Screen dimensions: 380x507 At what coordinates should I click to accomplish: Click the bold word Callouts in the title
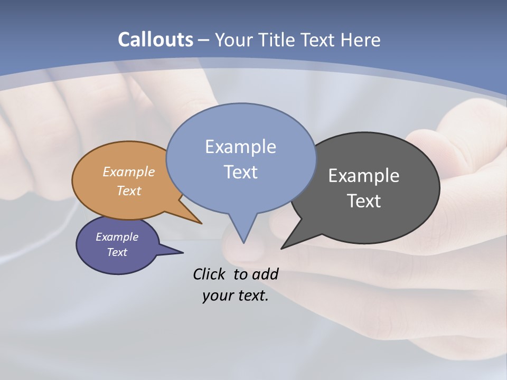tap(155, 40)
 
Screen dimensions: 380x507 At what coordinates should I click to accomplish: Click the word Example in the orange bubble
tap(129, 172)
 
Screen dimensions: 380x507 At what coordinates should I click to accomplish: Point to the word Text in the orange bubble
tap(129, 191)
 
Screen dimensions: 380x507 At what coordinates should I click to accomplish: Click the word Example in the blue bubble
tap(240, 146)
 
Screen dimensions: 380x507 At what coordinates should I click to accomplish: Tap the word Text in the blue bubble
tap(240, 172)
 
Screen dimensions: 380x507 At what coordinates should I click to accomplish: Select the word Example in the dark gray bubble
tap(364, 175)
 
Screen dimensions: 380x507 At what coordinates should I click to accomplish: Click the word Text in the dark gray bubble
tap(364, 201)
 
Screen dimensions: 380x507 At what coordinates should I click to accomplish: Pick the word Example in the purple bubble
tap(117, 237)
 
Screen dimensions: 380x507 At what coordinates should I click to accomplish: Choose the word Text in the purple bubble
tap(117, 252)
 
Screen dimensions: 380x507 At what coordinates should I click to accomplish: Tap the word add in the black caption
tap(265, 274)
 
